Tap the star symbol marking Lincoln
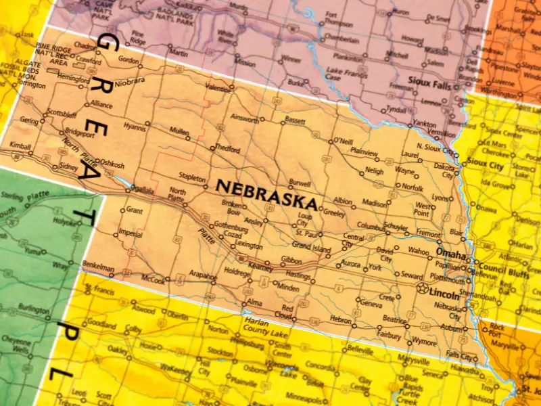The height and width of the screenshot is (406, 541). [423, 288]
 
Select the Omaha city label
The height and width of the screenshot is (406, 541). [451, 254]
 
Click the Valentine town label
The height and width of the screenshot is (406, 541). [218, 89]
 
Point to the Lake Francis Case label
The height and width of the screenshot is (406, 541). [346, 73]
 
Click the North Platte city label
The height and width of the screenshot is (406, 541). [178, 194]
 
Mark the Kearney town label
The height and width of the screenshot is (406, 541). [260, 267]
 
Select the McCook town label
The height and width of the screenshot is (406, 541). [152, 279]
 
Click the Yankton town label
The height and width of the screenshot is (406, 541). [424, 124]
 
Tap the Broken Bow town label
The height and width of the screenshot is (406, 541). [233, 207]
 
